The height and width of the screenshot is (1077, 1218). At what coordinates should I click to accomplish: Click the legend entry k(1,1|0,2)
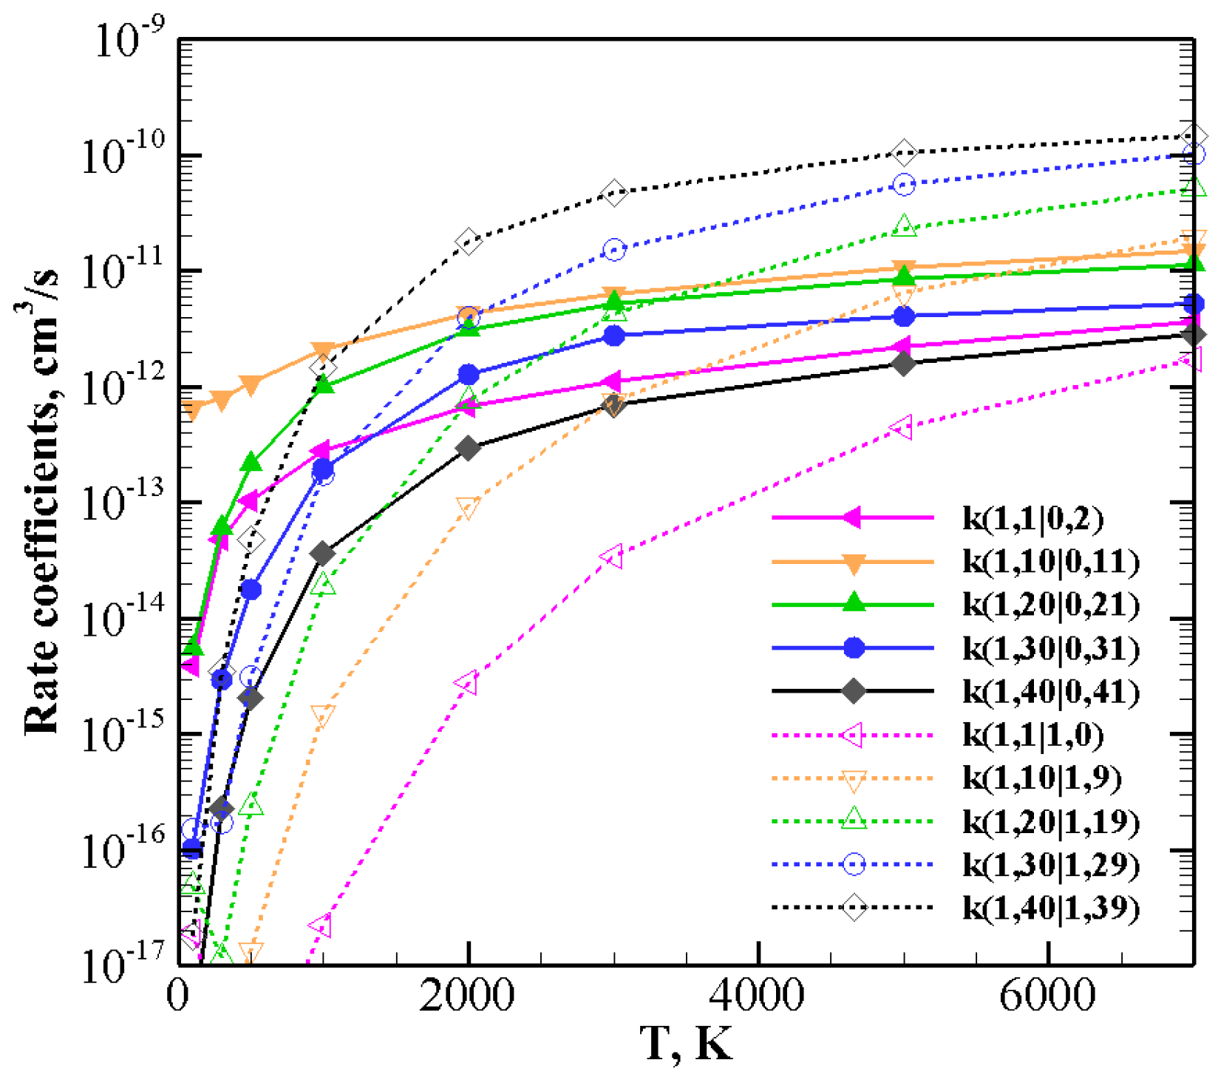[1032, 518]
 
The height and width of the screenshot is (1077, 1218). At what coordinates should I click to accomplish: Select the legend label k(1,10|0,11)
[1049, 562]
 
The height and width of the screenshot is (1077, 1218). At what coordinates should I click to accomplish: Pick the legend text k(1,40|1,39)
[1049, 908]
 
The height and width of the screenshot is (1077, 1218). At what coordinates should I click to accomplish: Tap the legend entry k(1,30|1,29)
[1049, 864]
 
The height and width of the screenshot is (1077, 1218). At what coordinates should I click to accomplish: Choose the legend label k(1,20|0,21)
[1049, 605]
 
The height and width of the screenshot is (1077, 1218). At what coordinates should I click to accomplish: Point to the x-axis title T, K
[686, 1044]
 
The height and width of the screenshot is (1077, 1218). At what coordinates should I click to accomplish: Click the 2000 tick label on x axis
[467, 995]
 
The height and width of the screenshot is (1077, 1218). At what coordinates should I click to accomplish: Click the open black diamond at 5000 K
[904, 152]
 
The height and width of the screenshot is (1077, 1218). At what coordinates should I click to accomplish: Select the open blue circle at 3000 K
[613, 250]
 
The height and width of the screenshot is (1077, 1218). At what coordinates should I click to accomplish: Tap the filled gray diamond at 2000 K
[468, 448]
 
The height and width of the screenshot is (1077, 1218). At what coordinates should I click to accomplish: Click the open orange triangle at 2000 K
[468, 507]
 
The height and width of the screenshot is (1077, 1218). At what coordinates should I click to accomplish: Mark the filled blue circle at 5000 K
[904, 316]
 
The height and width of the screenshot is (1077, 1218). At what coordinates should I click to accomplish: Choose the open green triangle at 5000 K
[904, 226]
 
